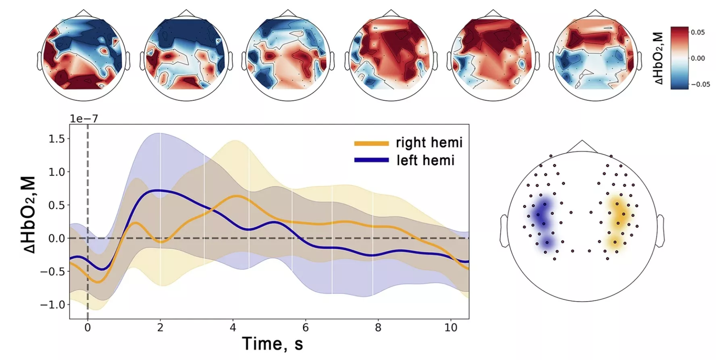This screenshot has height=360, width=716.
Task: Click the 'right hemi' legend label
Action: point(429,143)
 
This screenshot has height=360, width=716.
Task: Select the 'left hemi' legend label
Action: point(425,160)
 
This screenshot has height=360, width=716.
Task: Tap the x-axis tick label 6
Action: point(306,327)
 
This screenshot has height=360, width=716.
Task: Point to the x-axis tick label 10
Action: point(451,327)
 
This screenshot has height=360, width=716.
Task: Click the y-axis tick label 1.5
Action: point(56,139)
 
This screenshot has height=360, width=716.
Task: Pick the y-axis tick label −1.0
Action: point(52,304)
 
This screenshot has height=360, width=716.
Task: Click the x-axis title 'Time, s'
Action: point(273,344)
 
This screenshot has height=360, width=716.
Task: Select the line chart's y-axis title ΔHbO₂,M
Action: point(29,215)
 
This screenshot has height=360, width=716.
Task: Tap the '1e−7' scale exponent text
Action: point(84,119)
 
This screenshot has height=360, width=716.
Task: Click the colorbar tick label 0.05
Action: point(698,32)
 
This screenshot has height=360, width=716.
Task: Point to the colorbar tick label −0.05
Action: point(700,84)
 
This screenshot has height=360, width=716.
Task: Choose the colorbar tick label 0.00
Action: point(698,58)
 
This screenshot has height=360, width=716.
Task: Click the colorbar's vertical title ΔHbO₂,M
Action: point(658,58)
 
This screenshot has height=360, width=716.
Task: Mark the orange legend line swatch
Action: point(371,143)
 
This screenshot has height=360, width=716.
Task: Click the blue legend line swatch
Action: point(371,160)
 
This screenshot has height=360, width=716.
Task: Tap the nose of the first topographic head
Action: point(84,13)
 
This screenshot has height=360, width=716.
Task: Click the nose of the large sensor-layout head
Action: point(582,146)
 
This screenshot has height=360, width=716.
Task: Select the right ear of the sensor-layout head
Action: point(660,230)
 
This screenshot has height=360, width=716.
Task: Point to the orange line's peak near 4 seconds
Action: point(237,196)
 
